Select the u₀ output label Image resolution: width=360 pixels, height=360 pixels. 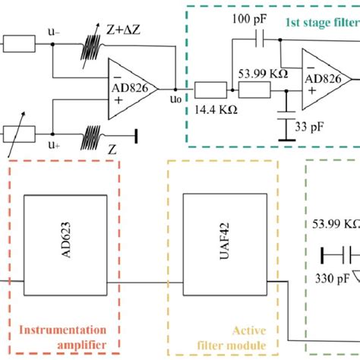coord(175,99)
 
